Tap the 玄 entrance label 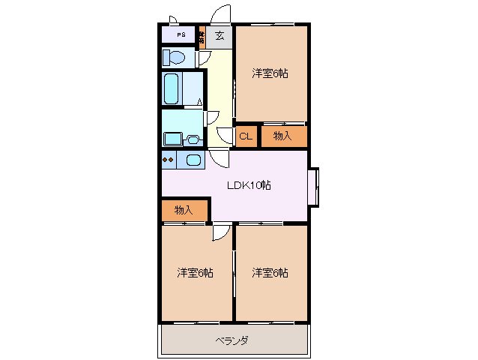pyautogui.click(x=220, y=35)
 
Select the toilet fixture pyautogui.click(x=174, y=58)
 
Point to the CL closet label pyautogui.click(x=245, y=136)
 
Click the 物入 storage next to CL pyautogui.click(x=282, y=136)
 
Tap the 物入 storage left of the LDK pyautogui.click(x=184, y=210)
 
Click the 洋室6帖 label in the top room pyautogui.click(x=270, y=73)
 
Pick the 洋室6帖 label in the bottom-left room pyautogui.click(x=196, y=272)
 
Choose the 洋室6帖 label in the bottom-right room pyautogui.click(x=270, y=272)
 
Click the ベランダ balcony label pyautogui.click(x=233, y=340)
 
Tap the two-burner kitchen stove pyautogui.click(x=169, y=160)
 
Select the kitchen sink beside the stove pyautogui.click(x=193, y=160)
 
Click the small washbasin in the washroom pyautogui.click(x=193, y=139)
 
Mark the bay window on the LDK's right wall pyautogui.click(x=313, y=186)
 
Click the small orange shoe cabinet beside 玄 pyautogui.click(x=202, y=35)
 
